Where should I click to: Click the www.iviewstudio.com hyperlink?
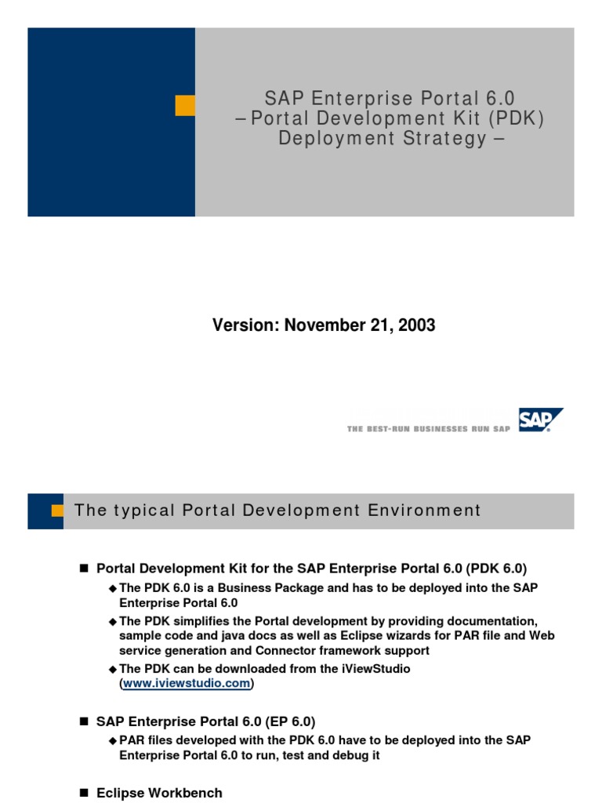[187, 683]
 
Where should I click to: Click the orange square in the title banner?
[185, 106]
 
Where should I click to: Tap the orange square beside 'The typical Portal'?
[57, 511]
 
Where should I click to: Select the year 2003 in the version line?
[417, 325]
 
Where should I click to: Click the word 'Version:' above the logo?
[245, 325]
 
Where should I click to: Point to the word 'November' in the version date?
[321, 325]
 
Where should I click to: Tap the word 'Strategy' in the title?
[441, 139]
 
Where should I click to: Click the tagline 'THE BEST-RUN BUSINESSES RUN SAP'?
[428, 428]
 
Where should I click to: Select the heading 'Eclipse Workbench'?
[159, 793]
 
